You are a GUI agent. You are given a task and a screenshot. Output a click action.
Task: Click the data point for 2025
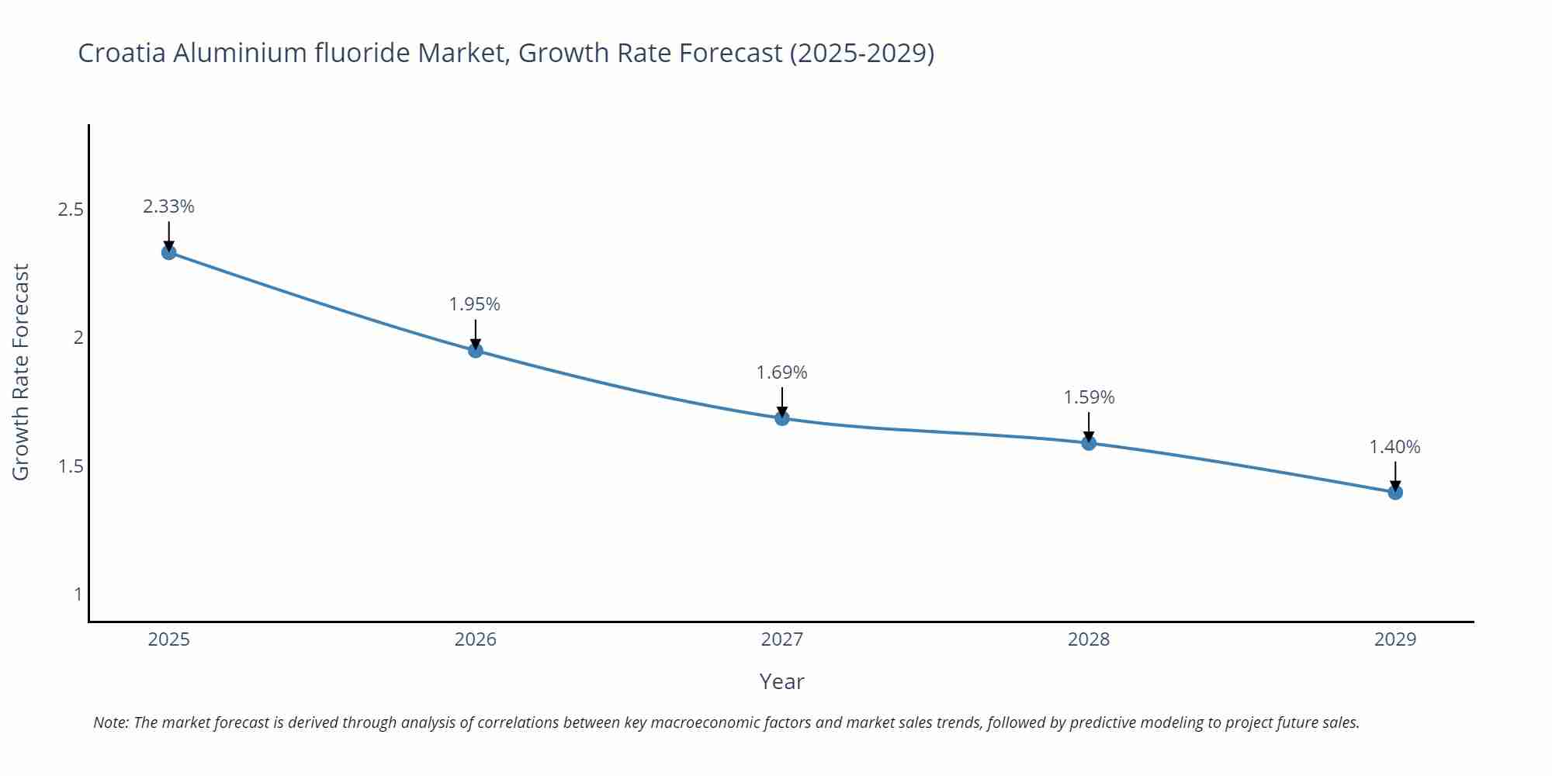[168, 252]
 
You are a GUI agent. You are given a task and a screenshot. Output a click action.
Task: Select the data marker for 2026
[476, 351]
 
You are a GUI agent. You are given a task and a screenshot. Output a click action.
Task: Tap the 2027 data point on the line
[782, 418]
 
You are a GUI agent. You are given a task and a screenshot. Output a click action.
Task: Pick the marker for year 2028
[1089, 443]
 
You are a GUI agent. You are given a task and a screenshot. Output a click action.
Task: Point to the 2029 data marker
[1395, 492]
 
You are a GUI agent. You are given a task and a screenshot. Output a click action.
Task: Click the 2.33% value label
[168, 206]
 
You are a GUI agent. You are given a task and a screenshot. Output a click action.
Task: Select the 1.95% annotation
[475, 304]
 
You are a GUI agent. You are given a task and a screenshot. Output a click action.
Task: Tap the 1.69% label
[781, 372]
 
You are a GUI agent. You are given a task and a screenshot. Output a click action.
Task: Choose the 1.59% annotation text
[1089, 397]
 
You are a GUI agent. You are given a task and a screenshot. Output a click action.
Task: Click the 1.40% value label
[1394, 447]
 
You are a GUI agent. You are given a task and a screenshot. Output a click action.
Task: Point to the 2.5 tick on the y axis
[71, 210]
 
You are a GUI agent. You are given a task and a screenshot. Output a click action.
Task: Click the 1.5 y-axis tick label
[71, 466]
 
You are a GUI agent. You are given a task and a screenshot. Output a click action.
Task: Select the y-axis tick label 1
[78, 594]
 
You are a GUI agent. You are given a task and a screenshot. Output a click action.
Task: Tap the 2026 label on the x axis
[475, 639]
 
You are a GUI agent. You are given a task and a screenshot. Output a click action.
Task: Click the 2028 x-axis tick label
[1089, 639]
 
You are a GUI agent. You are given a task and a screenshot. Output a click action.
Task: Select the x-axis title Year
[781, 681]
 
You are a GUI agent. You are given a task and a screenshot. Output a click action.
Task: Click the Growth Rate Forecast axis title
[21, 372]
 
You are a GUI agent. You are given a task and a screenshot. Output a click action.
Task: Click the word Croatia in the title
[121, 53]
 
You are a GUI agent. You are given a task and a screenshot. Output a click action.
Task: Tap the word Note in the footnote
[110, 722]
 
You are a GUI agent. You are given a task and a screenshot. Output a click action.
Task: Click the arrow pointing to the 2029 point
[1395, 475]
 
